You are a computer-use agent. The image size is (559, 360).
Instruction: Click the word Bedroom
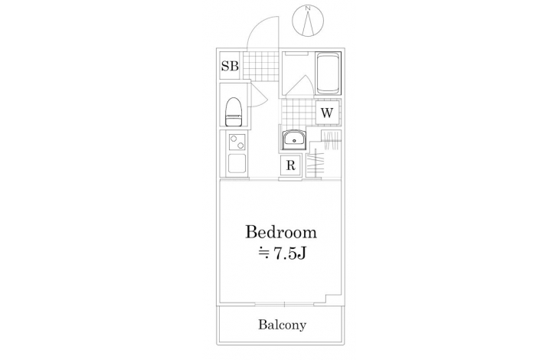pyautogui.click(x=281, y=232)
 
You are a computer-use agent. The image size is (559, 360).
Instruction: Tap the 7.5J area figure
pyautogui.click(x=289, y=254)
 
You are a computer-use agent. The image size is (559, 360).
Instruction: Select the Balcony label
pyautogui.click(x=282, y=325)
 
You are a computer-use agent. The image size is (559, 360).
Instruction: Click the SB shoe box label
pyautogui.click(x=230, y=66)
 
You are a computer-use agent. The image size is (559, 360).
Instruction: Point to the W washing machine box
pyautogui.click(x=327, y=113)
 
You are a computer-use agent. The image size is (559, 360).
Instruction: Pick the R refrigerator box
pyautogui.click(x=291, y=165)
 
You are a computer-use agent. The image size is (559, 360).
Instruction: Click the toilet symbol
pyautogui.click(x=234, y=112)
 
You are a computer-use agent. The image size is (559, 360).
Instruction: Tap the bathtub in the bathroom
pyautogui.click(x=329, y=73)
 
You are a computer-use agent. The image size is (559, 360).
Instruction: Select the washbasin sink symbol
pyautogui.click(x=294, y=139)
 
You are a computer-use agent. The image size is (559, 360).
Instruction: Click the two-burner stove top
pyautogui.click(x=237, y=142)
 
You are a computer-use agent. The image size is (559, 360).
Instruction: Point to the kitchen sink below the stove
pyautogui.click(x=237, y=164)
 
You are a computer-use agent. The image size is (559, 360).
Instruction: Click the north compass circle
pyautogui.click(x=308, y=21)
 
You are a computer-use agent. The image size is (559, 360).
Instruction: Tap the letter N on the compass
pyautogui.click(x=308, y=8)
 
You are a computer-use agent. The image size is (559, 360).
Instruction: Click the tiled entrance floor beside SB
pyautogui.click(x=260, y=65)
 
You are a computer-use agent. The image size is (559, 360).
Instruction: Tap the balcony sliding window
pyautogui.click(x=285, y=305)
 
